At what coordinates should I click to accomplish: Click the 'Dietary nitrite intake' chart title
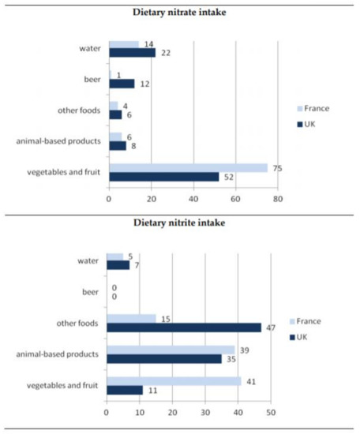(x=179, y=223)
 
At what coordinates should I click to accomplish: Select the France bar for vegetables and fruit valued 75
(x=188, y=167)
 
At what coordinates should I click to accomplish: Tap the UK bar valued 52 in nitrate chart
(x=163, y=177)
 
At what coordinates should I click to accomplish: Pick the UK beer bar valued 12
(x=122, y=83)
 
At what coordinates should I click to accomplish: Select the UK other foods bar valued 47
(x=184, y=327)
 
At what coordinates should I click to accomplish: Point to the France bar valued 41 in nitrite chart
(x=174, y=380)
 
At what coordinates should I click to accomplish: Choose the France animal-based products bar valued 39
(x=171, y=350)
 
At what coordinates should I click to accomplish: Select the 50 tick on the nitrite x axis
(x=271, y=411)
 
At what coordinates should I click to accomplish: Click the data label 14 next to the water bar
(x=148, y=44)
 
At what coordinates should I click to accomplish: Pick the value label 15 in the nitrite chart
(x=164, y=317)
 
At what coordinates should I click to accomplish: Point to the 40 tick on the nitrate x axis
(x=193, y=200)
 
